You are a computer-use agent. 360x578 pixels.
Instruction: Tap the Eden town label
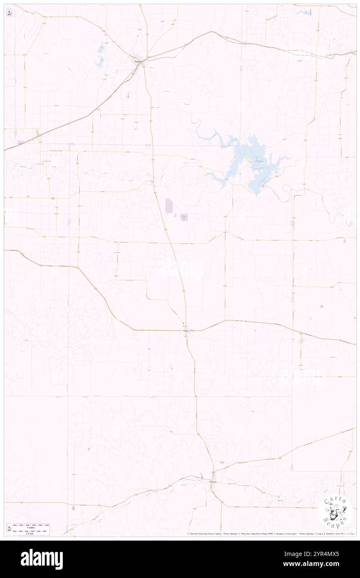(x=186, y=331)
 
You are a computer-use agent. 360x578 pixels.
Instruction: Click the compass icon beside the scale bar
(x=9, y=528)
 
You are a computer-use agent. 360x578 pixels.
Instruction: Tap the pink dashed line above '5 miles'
(x=31, y=524)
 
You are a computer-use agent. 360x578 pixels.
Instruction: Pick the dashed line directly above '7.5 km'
(x=31, y=530)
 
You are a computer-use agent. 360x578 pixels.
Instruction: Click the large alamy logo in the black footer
(x=42, y=559)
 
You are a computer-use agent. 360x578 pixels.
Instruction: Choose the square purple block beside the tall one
(x=184, y=217)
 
